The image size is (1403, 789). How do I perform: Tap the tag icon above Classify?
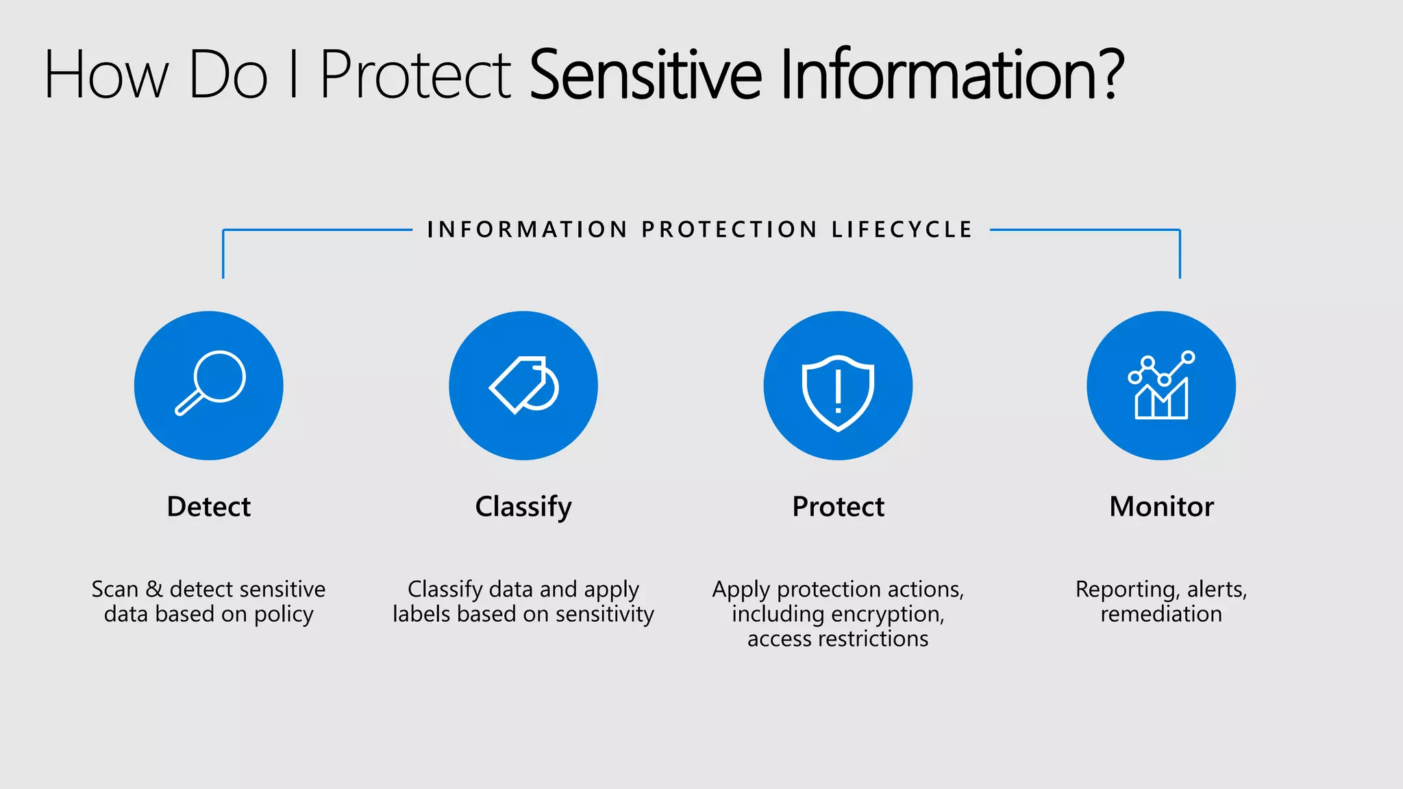[x=523, y=385]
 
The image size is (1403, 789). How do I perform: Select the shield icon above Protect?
[x=838, y=392]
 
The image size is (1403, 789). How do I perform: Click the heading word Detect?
[x=209, y=507]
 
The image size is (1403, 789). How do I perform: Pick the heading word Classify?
[x=523, y=508]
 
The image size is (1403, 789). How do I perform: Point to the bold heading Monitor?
[x=1161, y=507]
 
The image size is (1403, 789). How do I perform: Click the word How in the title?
[x=106, y=75]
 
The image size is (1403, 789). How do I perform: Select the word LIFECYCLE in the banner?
[x=902, y=229]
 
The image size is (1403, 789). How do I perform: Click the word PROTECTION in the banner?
[x=729, y=229]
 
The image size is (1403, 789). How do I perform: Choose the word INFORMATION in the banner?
[x=527, y=229]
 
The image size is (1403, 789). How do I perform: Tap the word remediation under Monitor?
[x=1161, y=614]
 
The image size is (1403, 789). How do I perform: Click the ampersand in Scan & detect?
[x=155, y=589]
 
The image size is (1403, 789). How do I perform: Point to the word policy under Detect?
[x=284, y=614]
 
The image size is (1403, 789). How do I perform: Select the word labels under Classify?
[x=421, y=614]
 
